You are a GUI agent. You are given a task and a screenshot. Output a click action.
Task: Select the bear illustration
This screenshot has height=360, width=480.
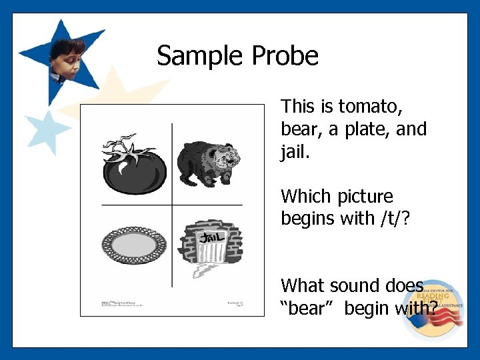click(209, 162)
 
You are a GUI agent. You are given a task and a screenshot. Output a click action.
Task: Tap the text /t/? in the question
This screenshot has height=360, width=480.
click(403, 218)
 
